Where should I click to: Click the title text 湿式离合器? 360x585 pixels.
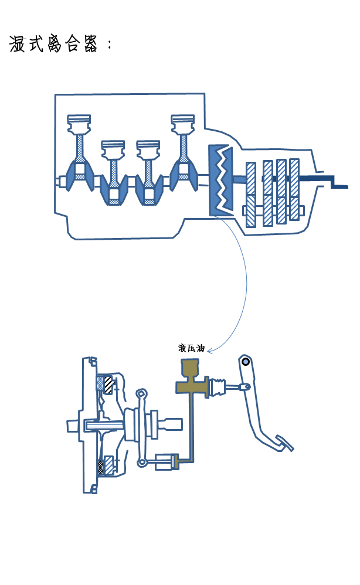point(53,45)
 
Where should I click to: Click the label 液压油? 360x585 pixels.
point(191,348)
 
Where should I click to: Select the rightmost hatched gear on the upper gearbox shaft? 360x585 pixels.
point(294,176)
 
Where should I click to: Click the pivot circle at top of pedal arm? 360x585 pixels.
point(246,362)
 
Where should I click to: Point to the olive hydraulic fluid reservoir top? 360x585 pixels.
point(189,369)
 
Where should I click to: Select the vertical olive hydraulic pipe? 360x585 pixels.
point(190,425)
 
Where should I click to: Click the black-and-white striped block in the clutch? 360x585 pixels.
point(108,385)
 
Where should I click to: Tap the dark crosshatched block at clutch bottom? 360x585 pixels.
point(100,467)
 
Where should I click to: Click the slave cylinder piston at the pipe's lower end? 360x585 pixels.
point(165,463)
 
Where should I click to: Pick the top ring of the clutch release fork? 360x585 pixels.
point(141,393)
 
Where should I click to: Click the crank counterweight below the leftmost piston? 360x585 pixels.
point(78,175)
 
